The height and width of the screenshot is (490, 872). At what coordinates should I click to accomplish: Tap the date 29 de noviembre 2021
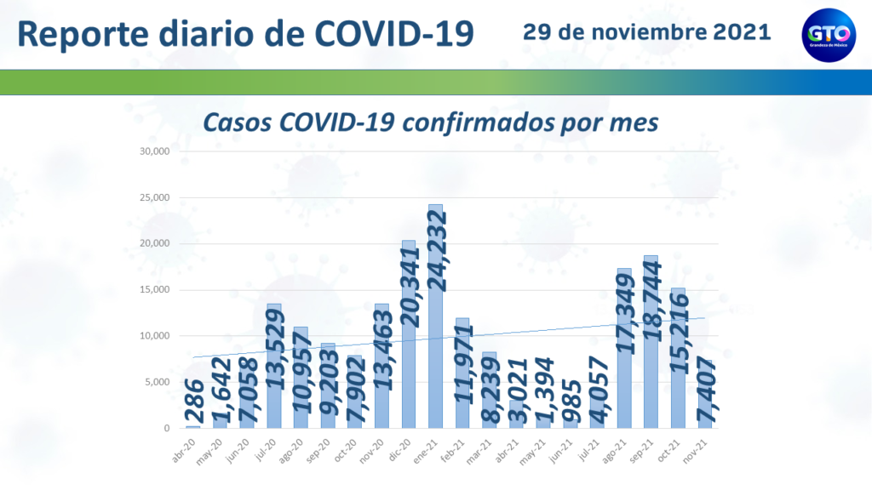(647, 32)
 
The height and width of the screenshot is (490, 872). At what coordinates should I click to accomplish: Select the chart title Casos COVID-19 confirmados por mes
(430, 122)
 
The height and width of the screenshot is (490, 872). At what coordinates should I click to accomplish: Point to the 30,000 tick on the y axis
(157, 152)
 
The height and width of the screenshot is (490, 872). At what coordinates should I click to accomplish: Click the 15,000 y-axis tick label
(157, 290)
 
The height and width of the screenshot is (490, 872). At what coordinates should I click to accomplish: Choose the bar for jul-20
(273, 366)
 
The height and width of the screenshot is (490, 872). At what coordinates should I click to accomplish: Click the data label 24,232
(436, 263)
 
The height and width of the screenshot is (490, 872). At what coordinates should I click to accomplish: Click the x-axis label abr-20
(181, 447)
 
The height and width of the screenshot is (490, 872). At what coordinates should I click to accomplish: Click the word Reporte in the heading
(86, 34)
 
